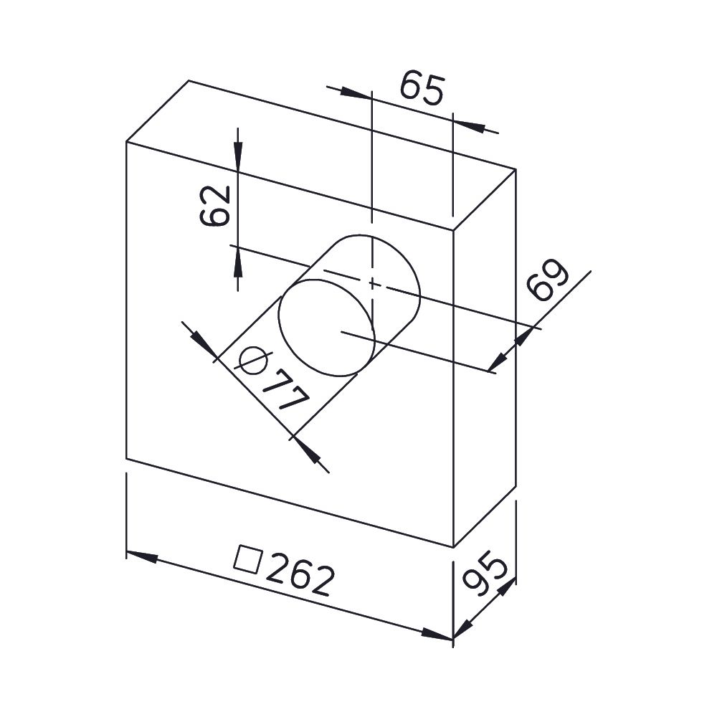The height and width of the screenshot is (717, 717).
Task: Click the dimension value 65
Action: tap(422, 89)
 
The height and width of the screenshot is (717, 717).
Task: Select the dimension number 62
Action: tap(214, 206)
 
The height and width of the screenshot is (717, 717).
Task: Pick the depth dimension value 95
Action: tap(484, 573)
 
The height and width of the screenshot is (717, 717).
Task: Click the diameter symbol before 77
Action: tap(253, 359)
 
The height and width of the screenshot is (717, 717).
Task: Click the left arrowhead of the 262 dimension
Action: tap(142, 556)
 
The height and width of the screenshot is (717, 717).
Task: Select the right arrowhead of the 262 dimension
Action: tap(437, 635)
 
